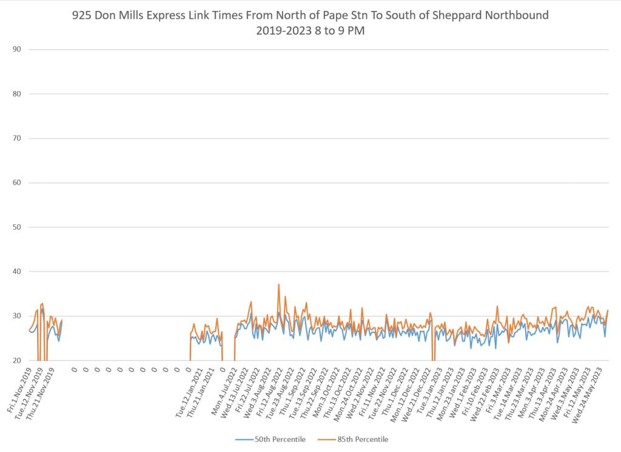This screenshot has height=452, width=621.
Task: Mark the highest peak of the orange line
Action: click(278, 284)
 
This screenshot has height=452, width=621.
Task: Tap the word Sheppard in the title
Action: click(466, 15)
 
